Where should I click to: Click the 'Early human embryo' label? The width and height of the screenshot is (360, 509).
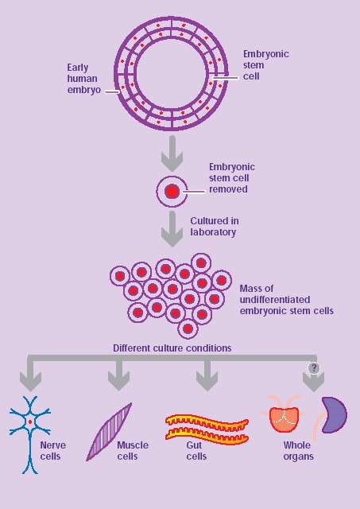click(x=83, y=79)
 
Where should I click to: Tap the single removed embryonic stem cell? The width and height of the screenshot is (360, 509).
click(x=171, y=191)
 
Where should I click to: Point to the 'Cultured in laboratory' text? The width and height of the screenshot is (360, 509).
click(x=215, y=227)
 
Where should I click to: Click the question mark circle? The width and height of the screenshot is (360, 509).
click(x=315, y=368)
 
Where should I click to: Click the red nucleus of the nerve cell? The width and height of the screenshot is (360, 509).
click(x=30, y=422)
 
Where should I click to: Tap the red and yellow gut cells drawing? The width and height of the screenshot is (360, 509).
click(x=207, y=427)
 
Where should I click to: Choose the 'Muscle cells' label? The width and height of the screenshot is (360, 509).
click(x=132, y=451)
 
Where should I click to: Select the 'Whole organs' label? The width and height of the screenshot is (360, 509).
click(x=298, y=451)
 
